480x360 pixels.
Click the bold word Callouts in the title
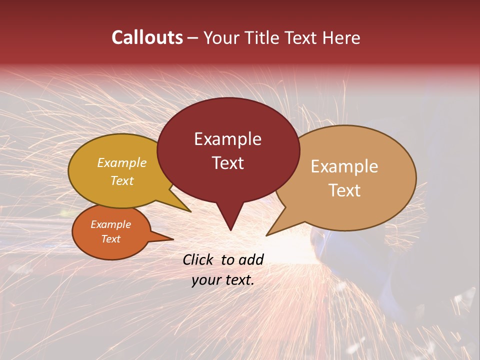coord(147,37)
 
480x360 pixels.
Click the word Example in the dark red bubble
coord(227,139)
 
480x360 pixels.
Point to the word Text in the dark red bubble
coord(227,163)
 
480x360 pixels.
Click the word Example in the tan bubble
coord(344,166)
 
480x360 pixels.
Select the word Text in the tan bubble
coord(344,190)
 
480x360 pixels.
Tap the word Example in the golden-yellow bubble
coord(122,163)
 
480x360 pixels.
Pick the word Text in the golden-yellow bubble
coord(122,181)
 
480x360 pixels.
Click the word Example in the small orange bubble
coord(110,224)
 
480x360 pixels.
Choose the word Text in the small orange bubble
coord(110,239)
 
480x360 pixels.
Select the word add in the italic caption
coord(251,259)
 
